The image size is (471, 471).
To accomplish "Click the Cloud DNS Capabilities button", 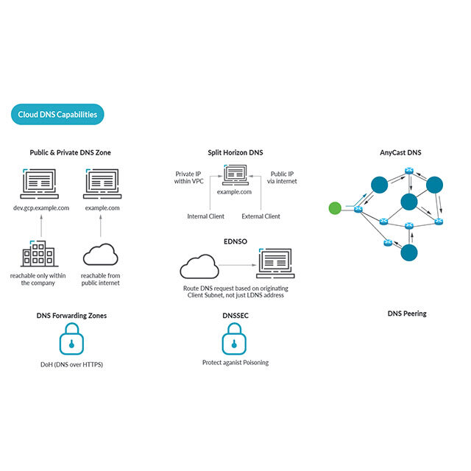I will [58, 114].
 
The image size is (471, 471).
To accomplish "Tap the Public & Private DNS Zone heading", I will [71, 152].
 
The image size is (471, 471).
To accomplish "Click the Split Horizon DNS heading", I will [235, 152].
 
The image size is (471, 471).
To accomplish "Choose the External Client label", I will [261, 216].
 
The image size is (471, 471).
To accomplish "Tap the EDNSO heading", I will [235, 240].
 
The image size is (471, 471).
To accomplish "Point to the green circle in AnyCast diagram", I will [335, 209].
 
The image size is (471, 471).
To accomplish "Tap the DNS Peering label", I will [407, 314].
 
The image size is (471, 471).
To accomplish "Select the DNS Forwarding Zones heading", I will [71, 315].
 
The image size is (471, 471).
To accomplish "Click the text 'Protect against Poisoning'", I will [235, 363].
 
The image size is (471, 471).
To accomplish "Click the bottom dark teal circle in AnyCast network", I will [408, 252].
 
